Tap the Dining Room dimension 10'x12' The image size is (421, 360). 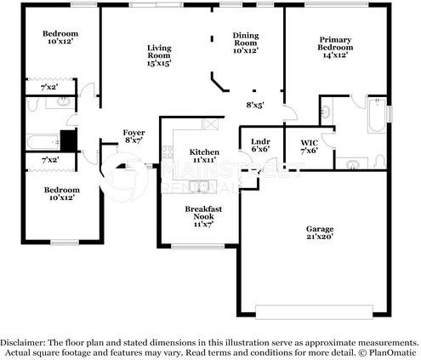pyautogui.click(x=245, y=50)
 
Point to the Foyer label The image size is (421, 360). pyautogui.click(x=134, y=133)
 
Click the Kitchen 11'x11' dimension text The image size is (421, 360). pyautogui.click(x=203, y=160)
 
